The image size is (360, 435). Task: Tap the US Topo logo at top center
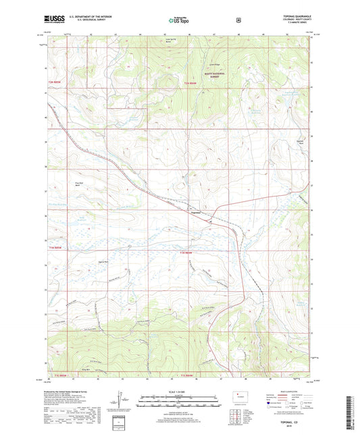[x=180, y=21]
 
